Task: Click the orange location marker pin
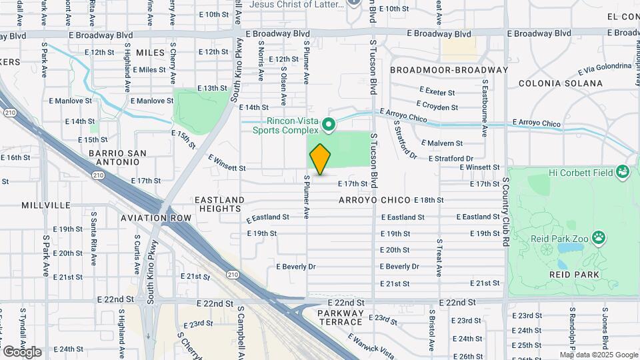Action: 320,159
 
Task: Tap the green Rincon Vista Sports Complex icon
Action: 328,125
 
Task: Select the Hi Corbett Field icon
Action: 624,172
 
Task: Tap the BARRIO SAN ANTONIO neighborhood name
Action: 117,159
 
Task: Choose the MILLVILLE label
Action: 45,205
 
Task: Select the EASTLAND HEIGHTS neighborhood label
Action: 219,204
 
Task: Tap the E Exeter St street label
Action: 437,91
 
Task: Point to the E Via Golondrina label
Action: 604,69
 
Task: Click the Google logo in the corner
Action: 22,351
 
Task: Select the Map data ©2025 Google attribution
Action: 598,355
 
